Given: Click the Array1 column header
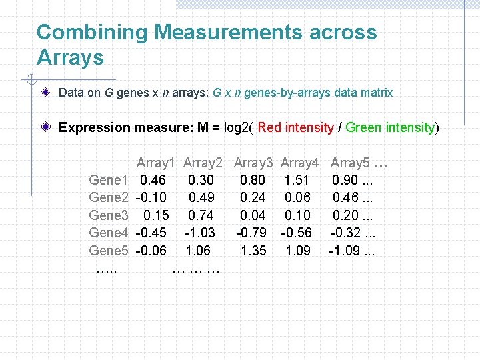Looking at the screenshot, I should pyautogui.click(x=155, y=163).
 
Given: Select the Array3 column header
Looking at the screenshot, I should pyautogui.click(x=253, y=163).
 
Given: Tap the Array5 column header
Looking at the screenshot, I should pyautogui.click(x=350, y=163).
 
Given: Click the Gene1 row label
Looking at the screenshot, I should pyautogui.click(x=109, y=180).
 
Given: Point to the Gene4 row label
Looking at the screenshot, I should pyautogui.click(x=109, y=233).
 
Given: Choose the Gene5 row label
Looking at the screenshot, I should pyautogui.click(x=109, y=251).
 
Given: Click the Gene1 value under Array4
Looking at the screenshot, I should pyautogui.click(x=297, y=180).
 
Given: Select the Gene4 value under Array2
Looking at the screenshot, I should pyautogui.click(x=201, y=233).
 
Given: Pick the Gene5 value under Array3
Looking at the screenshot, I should pyautogui.click(x=253, y=251).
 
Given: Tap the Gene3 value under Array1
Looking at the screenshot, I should pyautogui.click(x=156, y=215).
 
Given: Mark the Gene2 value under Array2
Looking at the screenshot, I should pyautogui.click(x=201, y=197).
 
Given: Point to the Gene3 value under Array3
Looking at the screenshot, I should pyautogui.click(x=253, y=215).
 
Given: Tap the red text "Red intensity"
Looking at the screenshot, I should pyautogui.click(x=295, y=127).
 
